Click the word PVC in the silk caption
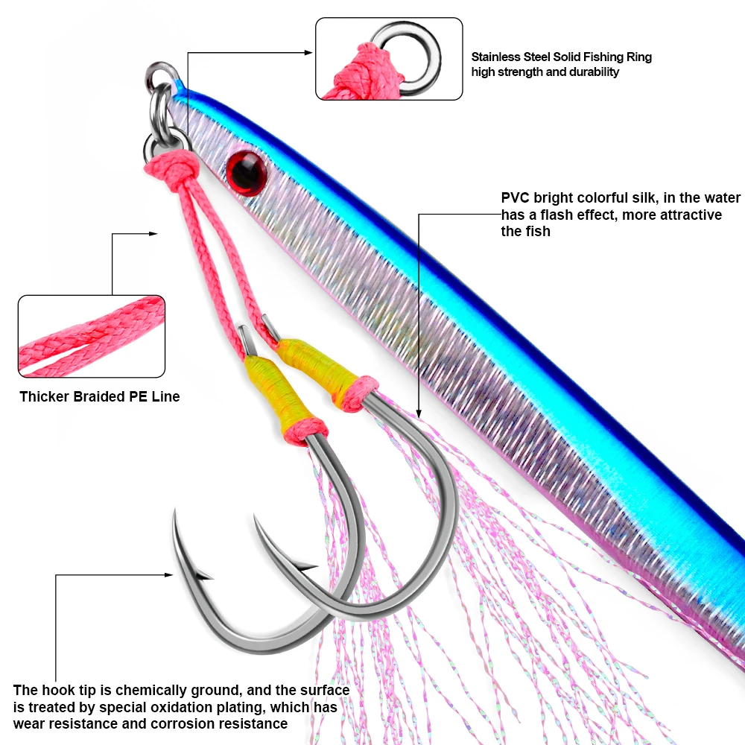pos(514,198)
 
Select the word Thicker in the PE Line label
pos(45,396)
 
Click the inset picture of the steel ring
pos(389,59)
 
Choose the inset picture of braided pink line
pos(91,335)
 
